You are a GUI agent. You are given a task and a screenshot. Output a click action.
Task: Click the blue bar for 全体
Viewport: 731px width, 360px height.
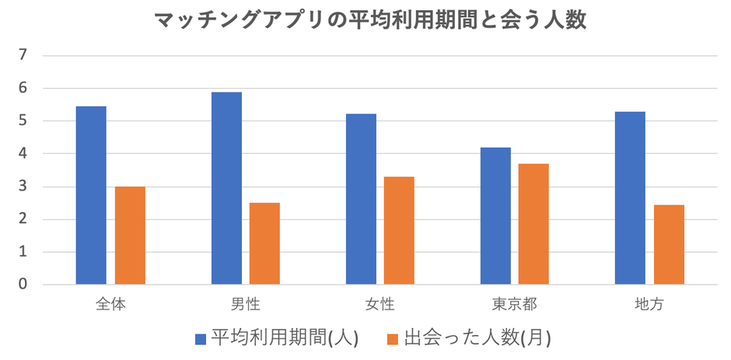(91, 195)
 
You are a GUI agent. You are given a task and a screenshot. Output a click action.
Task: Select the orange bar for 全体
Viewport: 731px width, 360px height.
(130, 236)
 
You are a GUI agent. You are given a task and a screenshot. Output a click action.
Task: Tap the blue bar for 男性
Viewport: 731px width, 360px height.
(226, 188)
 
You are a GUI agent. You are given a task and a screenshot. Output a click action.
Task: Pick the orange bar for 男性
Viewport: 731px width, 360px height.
(265, 243)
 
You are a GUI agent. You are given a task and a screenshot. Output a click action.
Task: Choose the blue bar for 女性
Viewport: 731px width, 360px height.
(361, 199)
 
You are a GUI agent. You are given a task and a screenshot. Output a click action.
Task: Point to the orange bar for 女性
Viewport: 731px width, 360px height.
(400, 230)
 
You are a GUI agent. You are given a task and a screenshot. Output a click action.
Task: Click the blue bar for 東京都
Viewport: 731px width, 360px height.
(495, 215)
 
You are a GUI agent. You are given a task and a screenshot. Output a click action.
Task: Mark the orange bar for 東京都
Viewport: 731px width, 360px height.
(534, 224)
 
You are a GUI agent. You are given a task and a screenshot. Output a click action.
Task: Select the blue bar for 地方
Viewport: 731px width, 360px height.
(630, 198)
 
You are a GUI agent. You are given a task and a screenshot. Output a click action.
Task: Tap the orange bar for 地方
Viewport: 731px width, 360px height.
(669, 244)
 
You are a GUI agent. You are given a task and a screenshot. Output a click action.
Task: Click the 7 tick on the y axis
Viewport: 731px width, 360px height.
(23, 55)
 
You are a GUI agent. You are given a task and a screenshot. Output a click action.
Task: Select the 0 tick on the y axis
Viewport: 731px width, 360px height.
(23, 285)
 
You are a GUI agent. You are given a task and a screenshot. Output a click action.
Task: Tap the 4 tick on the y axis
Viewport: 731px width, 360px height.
(23, 154)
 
